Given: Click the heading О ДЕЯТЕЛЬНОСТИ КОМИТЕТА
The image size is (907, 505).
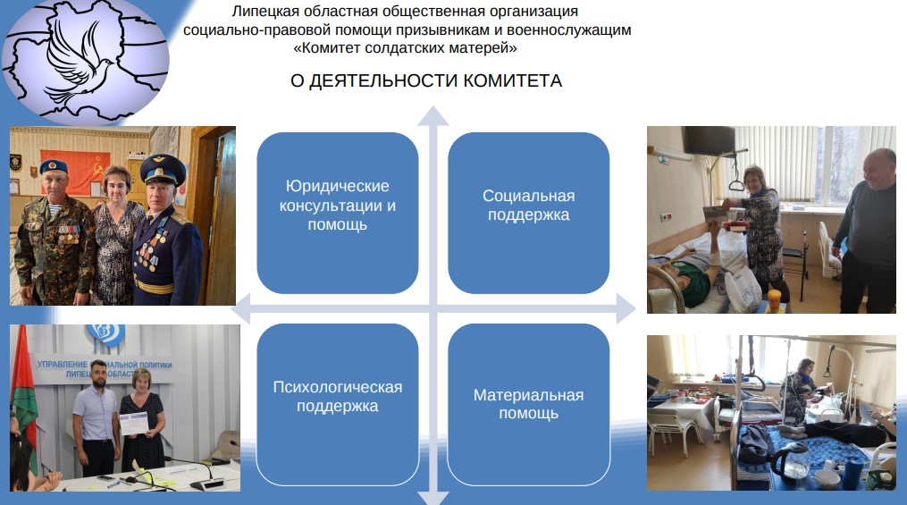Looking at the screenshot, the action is coord(426,80).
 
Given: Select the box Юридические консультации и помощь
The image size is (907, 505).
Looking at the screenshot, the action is coord(338,213).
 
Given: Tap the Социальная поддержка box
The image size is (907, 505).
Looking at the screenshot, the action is coord(529,213).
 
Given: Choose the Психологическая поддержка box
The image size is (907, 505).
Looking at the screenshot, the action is coord(338,404).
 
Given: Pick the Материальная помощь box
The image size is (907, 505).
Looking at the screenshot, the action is coord(529,404).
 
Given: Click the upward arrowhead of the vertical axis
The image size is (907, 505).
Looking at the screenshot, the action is coord(433,115).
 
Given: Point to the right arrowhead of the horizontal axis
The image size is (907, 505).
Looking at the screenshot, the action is coord(626,309).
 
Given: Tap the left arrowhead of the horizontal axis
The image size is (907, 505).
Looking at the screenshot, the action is coord(240,309).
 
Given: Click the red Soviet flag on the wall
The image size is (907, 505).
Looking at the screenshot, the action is coord(75,171).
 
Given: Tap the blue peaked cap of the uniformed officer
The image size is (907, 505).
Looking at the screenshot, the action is coord(163,167).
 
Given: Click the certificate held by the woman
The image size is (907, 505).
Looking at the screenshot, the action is coord(134,424).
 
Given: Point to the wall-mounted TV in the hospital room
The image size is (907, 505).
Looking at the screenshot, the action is coord(709,139).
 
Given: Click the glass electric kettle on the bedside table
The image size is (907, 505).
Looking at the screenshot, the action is coord(791,460).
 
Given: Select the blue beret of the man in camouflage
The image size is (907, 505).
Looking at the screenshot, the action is coord(54,166).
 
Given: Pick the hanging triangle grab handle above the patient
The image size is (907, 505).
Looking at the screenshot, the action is coord(736,185).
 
